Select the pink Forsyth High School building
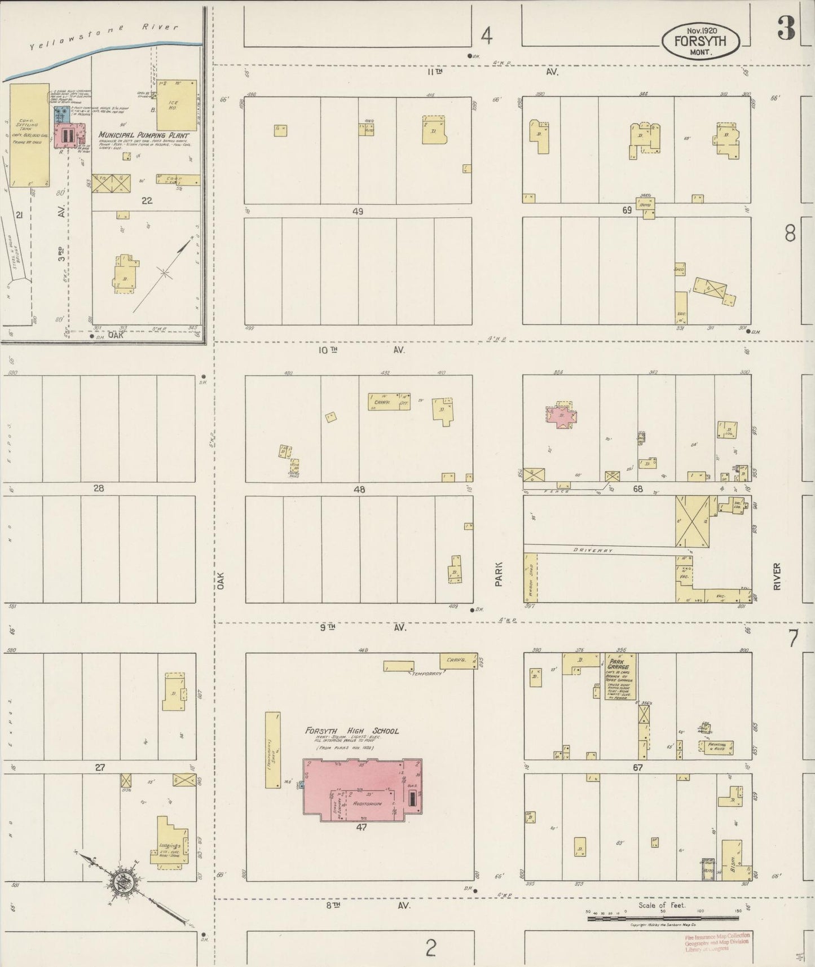[x=362, y=786]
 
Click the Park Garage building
[x=619, y=676]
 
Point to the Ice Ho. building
[x=177, y=105]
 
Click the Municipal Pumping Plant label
[x=144, y=135]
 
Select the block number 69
[x=627, y=210]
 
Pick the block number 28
[x=99, y=488]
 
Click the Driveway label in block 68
[x=593, y=550]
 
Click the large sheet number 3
[x=786, y=28]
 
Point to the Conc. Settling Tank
[x=27, y=135]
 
